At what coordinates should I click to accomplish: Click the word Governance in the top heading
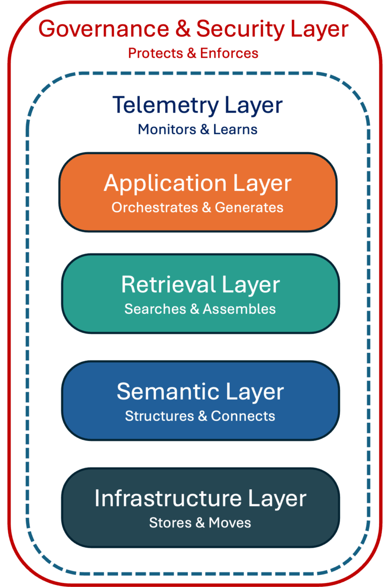tap(103, 29)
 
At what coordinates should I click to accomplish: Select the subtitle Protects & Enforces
tap(193, 53)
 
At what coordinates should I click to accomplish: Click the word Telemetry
tap(165, 105)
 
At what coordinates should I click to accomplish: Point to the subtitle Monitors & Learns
tap(198, 129)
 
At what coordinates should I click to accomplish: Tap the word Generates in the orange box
tap(249, 207)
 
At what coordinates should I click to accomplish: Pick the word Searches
tap(155, 309)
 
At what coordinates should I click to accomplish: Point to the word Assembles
tap(239, 309)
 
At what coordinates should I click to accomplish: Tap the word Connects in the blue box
tap(243, 416)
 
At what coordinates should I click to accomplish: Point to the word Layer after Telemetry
tap(253, 105)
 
